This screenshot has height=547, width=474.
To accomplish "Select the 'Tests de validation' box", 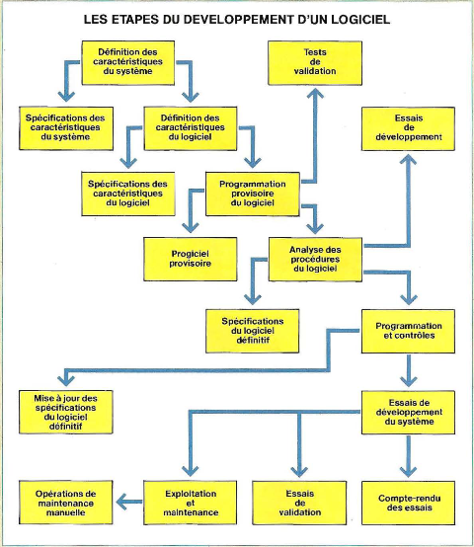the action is click(315, 63).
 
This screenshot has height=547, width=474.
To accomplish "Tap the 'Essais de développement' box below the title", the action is click(408, 128).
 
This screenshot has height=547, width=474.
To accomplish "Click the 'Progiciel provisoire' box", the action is click(191, 259).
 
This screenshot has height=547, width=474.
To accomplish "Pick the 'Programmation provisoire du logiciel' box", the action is click(253, 194).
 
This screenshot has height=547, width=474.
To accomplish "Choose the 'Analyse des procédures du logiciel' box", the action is click(315, 260).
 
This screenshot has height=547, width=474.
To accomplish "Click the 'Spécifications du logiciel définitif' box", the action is click(253, 331).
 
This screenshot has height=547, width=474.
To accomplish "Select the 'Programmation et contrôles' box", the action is click(408, 331).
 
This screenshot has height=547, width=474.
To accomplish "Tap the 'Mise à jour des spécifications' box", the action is click(66, 412).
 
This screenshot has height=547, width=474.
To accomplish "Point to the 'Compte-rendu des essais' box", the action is click(408, 503).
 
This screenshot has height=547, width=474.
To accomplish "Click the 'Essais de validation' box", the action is click(299, 503).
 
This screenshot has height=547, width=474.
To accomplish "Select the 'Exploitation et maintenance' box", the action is click(190, 503).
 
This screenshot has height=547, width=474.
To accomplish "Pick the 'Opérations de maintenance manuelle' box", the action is click(66, 503).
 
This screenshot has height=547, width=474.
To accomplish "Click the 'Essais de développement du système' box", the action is click(408, 413).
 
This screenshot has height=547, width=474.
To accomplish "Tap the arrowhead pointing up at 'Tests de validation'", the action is click(315, 93).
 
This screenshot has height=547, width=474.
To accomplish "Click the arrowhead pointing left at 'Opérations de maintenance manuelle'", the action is click(120, 502).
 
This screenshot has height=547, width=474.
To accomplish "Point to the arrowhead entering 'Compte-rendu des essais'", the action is click(408, 472).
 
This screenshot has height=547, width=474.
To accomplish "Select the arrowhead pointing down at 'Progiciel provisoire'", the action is click(191, 228).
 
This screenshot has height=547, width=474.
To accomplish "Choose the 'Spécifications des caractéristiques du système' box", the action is click(66, 128).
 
